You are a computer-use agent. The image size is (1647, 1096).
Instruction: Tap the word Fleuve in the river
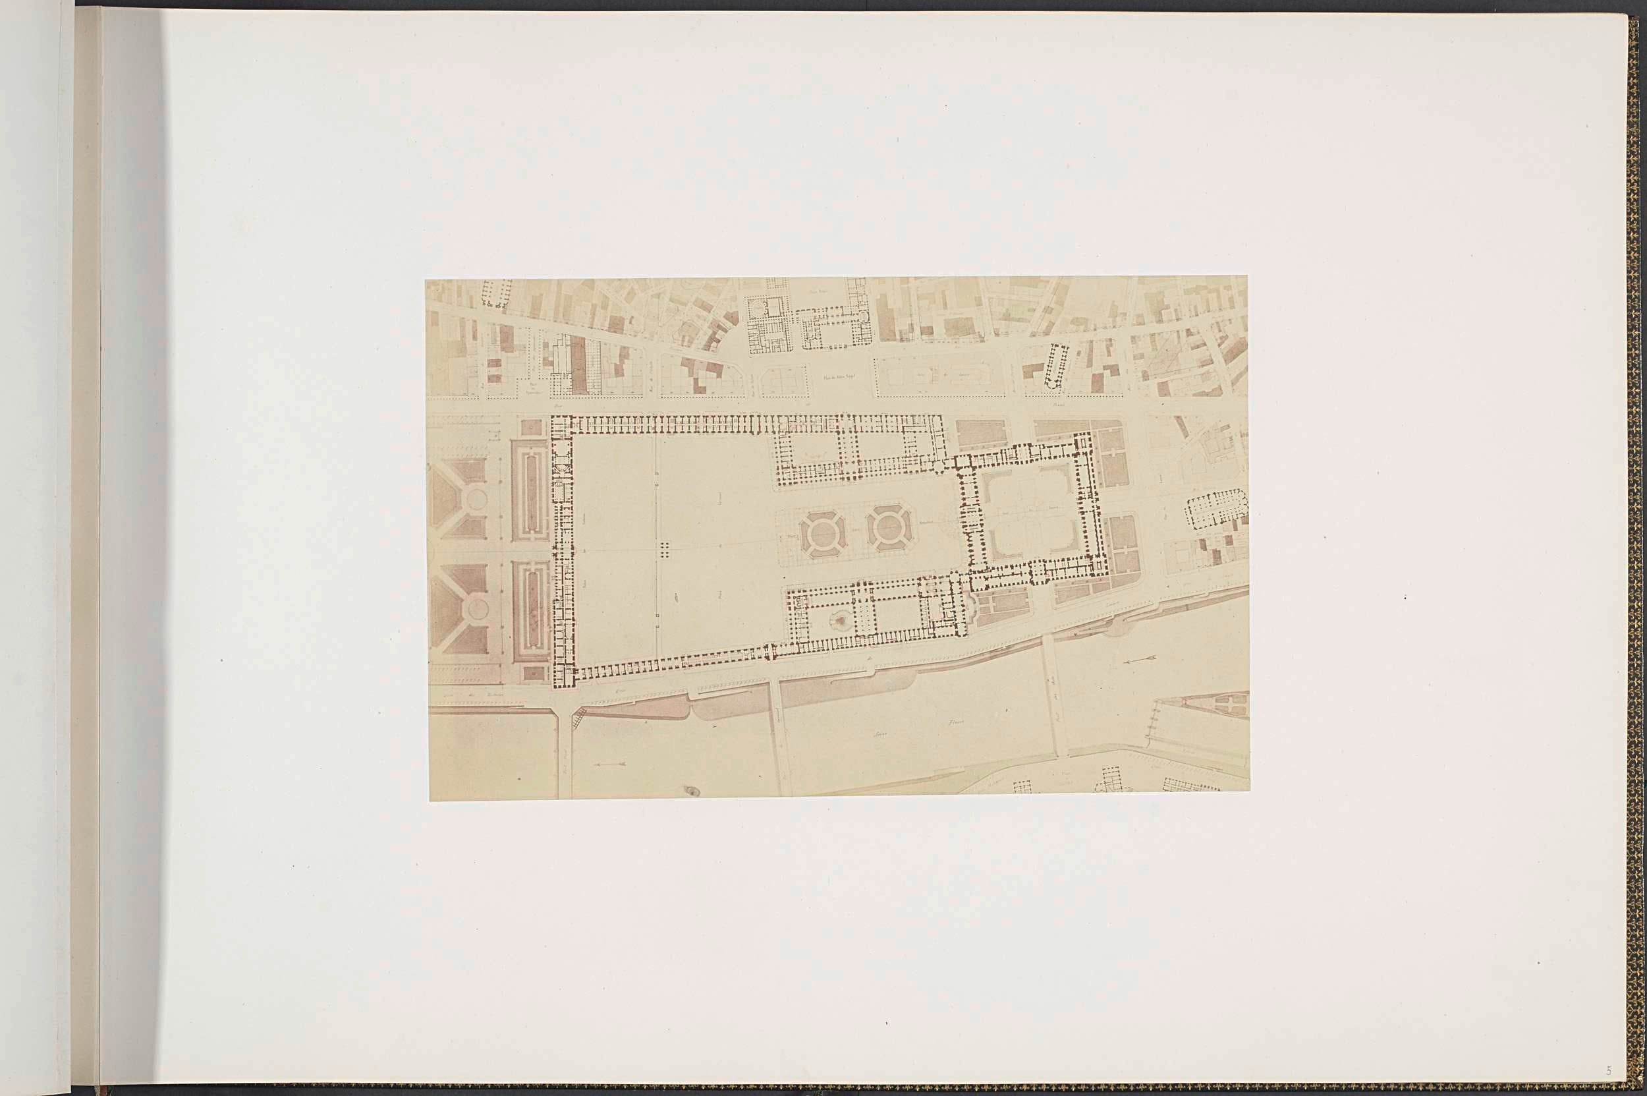coord(956,722)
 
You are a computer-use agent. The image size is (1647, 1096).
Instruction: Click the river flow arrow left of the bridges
coord(609,764)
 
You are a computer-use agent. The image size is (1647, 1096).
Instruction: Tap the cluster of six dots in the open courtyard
coord(665,548)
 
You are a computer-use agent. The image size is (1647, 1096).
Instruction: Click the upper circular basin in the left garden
coord(476,499)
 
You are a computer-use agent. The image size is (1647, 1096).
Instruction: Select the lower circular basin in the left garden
coord(477,608)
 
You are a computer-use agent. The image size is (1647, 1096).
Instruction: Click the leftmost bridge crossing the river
coord(565,751)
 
